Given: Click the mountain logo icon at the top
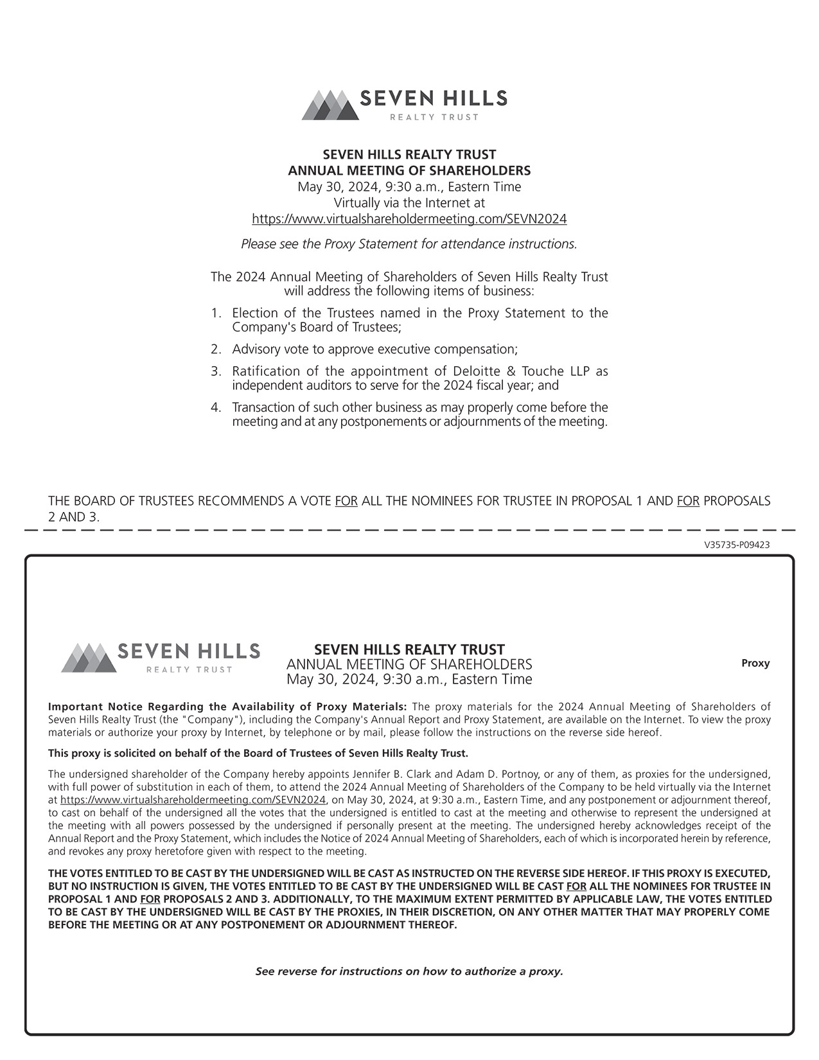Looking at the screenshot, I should [330, 105].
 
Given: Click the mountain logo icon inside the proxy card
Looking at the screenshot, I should [89, 658].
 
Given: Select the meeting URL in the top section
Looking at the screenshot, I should [409, 219].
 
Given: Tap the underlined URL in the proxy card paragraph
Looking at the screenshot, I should [193, 800].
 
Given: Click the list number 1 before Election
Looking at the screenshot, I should [216, 314].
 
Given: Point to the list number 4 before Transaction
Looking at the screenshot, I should [216, 408].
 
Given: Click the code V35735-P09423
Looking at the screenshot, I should [737, 545].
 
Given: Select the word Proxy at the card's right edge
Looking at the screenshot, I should [755, 663].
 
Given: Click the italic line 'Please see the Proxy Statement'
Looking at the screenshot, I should [409, 244].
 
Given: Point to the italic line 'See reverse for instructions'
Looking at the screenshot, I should [409, 971].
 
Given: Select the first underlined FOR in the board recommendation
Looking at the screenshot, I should [346, 501].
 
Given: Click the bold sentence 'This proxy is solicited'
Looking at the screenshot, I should [258, 753].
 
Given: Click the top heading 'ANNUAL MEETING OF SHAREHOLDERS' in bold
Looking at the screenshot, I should [409, 171].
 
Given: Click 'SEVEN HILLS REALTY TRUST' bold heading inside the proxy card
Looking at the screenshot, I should [409, 649].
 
